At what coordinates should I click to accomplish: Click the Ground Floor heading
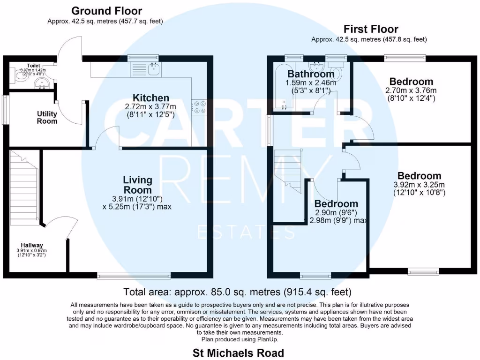pos(107,11)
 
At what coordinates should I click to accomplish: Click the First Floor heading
pos(371,29)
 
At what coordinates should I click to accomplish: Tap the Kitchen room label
pos(150,98)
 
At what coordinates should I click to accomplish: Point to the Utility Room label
pos(47,117)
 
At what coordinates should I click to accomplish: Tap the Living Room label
pos(137,185)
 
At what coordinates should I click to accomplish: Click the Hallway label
pos(32,245)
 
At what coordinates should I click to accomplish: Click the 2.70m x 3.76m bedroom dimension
pos(410,90)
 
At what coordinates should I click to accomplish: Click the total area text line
pos(237,292)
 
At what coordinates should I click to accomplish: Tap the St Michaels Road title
pos(238,352)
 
